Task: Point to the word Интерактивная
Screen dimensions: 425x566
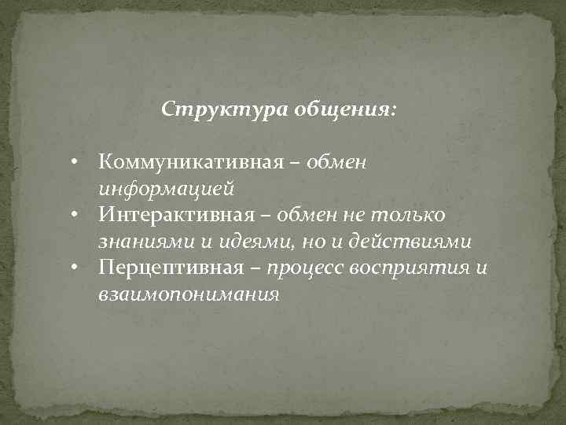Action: pos(182,215)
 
